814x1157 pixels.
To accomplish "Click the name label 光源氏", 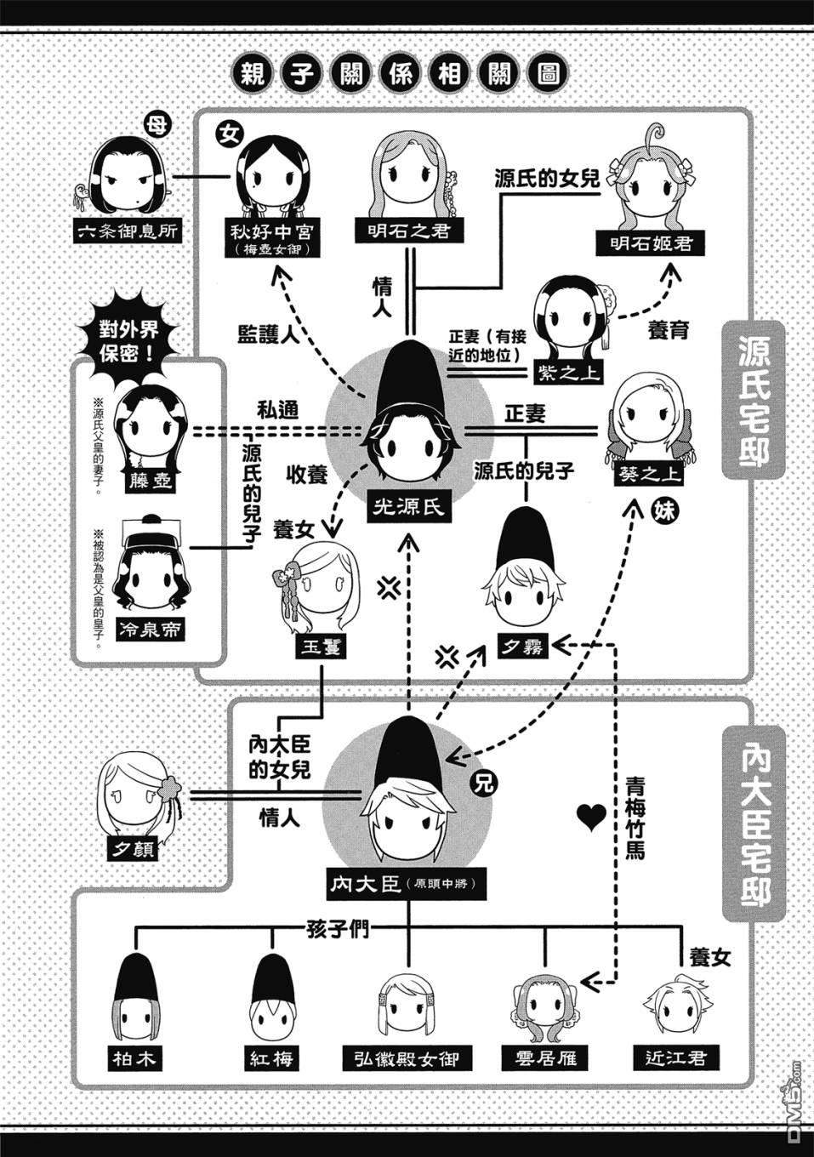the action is pos(409,508).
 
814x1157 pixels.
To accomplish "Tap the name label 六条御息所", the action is pos(128,231).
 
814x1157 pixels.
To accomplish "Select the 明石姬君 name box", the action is pos(651,242).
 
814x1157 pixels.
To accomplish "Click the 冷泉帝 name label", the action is pos(149,630).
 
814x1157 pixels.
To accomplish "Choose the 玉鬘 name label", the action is pos(321,647).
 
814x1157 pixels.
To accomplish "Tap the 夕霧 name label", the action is pos(523,647).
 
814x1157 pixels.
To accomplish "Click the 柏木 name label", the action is pos(134,1059).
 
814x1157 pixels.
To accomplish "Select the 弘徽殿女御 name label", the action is pos(407,1059).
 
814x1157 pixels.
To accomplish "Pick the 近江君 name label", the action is pos(676,1057).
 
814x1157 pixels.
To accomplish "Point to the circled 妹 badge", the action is pos(663,512).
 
